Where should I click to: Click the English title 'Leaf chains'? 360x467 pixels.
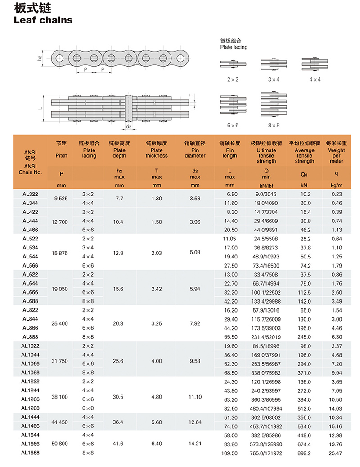point(43,20)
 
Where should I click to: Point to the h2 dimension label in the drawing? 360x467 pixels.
point(40,58)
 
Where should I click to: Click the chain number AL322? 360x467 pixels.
point(30,194)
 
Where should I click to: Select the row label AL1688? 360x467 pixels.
point(30,453)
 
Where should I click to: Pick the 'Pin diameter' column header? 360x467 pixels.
point(195,150)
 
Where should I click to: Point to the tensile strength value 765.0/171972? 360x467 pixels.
point(266,453)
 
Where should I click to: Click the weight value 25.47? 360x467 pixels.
point(336,453)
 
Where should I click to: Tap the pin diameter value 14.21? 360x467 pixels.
point(195,444)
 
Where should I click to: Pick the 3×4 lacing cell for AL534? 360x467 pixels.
point(89,248)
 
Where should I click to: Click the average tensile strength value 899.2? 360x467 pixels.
point(305,453)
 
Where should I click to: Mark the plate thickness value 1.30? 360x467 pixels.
point(157,199)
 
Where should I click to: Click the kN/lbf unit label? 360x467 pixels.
point(266,185)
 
